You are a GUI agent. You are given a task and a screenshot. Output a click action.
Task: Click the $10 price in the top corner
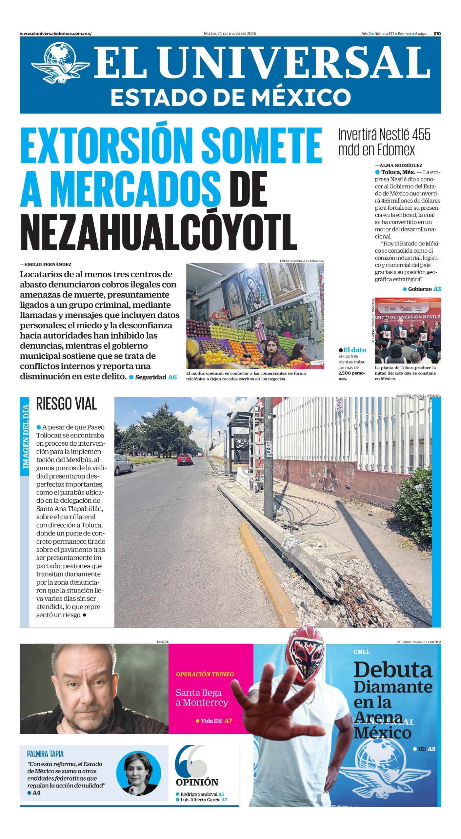coord(437,33)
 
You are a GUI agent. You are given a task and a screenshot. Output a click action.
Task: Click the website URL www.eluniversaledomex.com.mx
coord(55,33)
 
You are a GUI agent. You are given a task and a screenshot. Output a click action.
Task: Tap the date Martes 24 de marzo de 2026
coord(230,33)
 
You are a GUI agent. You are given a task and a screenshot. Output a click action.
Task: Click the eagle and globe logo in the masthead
coord(61,62)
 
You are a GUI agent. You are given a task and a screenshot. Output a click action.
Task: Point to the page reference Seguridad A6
coord(156,377)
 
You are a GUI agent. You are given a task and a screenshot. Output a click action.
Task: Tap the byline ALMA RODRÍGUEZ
coord(401,165)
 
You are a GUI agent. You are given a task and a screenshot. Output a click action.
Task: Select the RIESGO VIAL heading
coord(66,404)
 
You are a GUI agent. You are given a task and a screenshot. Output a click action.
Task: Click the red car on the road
coord(185,459)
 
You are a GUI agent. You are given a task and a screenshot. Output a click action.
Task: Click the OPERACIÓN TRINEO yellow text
coord(205,674)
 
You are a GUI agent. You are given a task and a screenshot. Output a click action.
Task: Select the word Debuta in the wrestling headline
coord(393,670)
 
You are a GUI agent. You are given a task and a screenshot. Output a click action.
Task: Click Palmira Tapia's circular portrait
coord(139,774)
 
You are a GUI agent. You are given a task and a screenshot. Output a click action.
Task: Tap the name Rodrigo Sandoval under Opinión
coord(199,794)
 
